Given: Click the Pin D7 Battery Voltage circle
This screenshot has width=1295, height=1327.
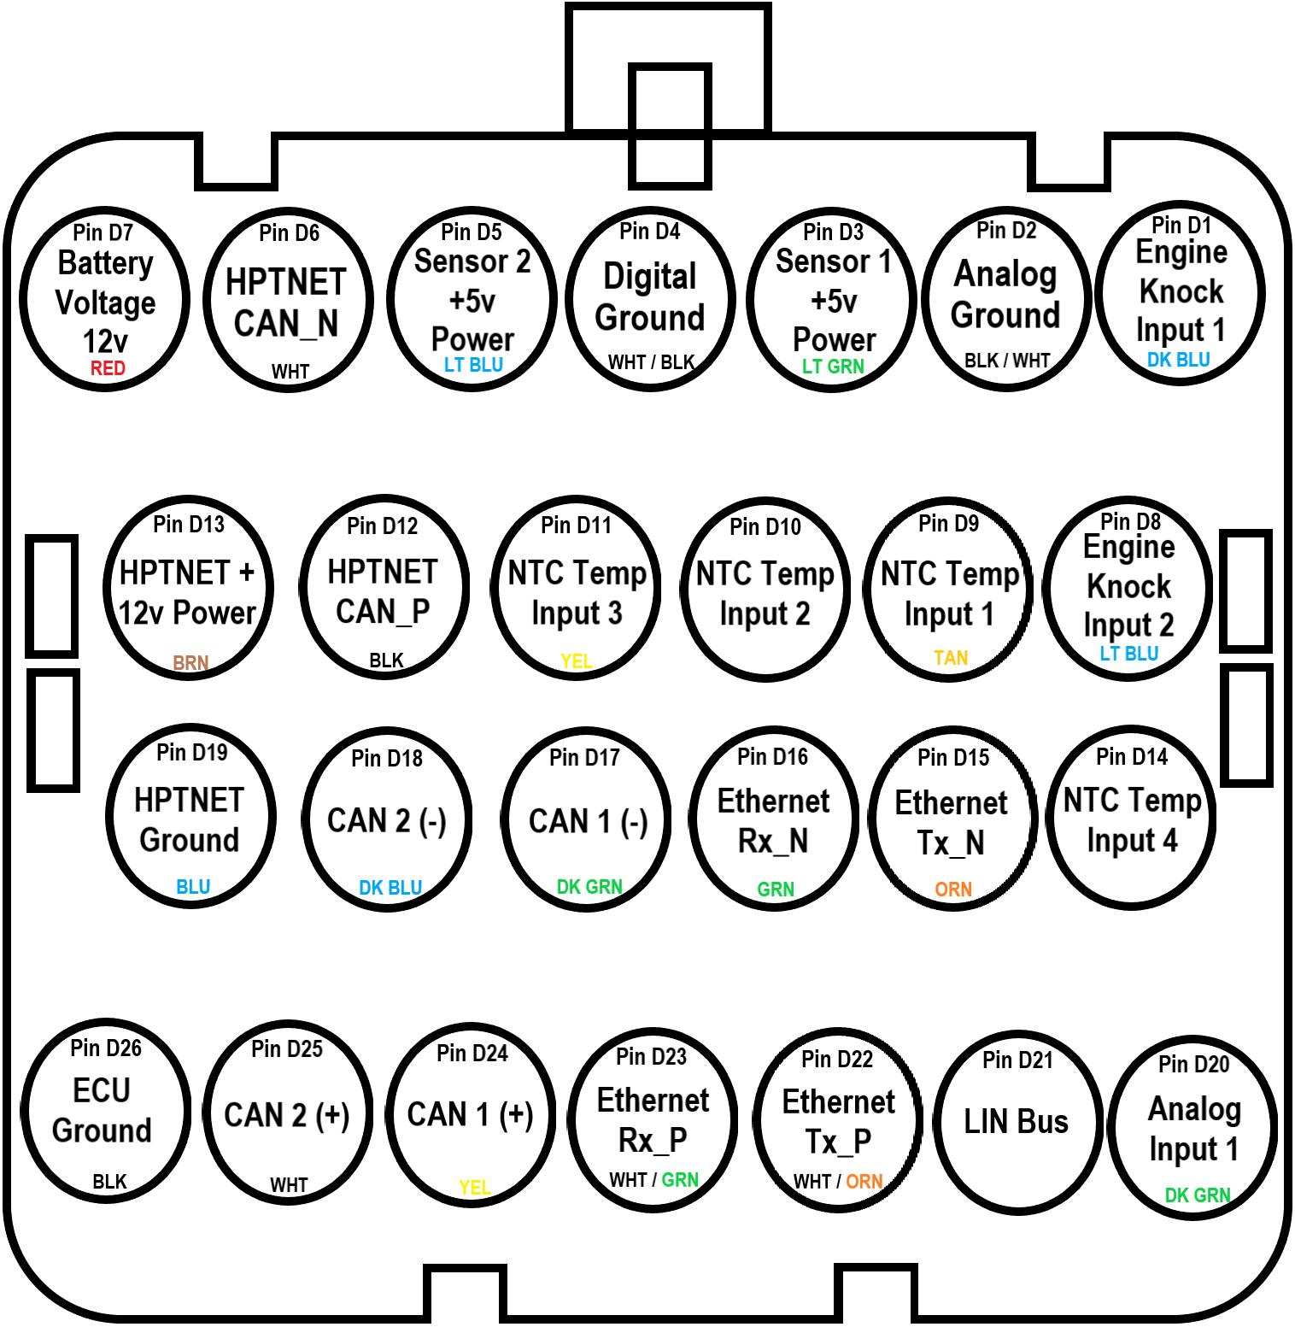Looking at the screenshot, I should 105,299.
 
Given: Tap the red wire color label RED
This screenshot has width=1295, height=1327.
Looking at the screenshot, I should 108,368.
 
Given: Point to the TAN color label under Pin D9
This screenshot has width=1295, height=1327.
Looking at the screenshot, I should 951,658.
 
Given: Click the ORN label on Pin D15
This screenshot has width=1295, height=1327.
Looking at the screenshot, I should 953,890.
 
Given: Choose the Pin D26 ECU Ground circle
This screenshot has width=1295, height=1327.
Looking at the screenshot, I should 105,1111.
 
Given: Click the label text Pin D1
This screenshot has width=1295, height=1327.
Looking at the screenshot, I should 1181,226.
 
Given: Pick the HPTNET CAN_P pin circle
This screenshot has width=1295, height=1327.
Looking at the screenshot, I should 384,588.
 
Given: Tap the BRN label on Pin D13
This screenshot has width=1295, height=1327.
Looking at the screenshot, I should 190,663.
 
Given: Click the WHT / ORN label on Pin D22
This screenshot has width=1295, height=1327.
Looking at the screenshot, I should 838,1182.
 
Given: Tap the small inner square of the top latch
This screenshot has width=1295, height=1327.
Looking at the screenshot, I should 671,126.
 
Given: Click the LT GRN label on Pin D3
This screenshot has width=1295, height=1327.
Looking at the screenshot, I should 833,367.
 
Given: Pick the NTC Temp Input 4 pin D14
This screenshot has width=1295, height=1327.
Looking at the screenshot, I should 1132,819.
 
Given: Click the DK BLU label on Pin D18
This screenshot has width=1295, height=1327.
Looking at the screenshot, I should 390,888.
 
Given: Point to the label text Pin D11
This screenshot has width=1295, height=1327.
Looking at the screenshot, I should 577,526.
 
